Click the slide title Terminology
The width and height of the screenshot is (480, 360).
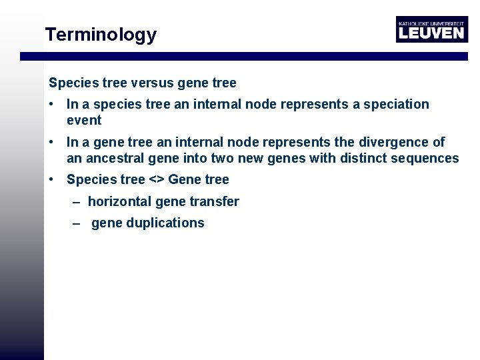pyautogui.click(x=101, y=35)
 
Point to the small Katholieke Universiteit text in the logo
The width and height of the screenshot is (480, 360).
pyautogui.click(x=431, y=22)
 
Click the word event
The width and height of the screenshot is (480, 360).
pyautogui.click(x=84, y=121)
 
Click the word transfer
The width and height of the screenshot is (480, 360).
pyautogui.click(x=217, y=201)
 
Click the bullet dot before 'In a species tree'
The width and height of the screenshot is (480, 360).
pyautogui.click(x=51, y=105)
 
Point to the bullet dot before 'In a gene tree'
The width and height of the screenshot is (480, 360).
pyautogui.click(x=51, y=142)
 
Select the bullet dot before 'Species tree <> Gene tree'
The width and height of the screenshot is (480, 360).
pyautogui.click(x=51, y=179)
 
